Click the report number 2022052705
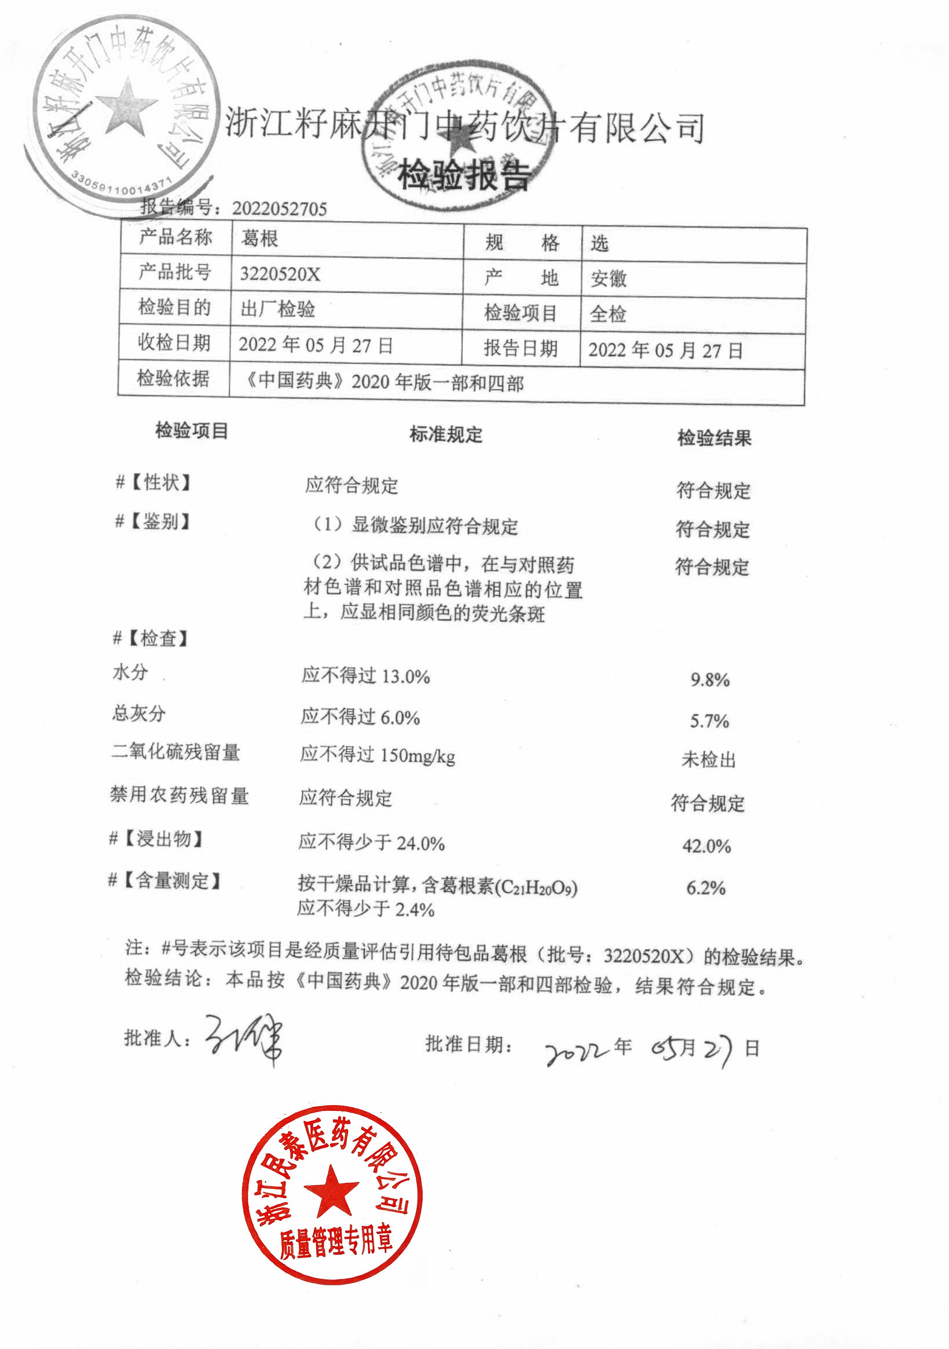point(280,209)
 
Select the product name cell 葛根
point(259,239)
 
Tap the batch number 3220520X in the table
point(280,274)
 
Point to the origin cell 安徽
point(609,278)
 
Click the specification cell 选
point(600,243)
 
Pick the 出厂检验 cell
point(278,309)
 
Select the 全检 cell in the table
point(608,314)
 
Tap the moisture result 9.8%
point(710,680)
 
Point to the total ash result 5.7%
point(709,721)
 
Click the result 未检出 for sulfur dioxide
point(708,760)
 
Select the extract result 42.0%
point(706,846)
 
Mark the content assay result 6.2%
point(706,888)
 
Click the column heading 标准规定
point(446,435)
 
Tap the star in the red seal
point(331,1190)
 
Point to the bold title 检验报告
point(464,175)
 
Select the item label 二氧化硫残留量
point(175,752)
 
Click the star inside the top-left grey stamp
point(126,107)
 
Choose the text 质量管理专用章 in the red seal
point(335,1244)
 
